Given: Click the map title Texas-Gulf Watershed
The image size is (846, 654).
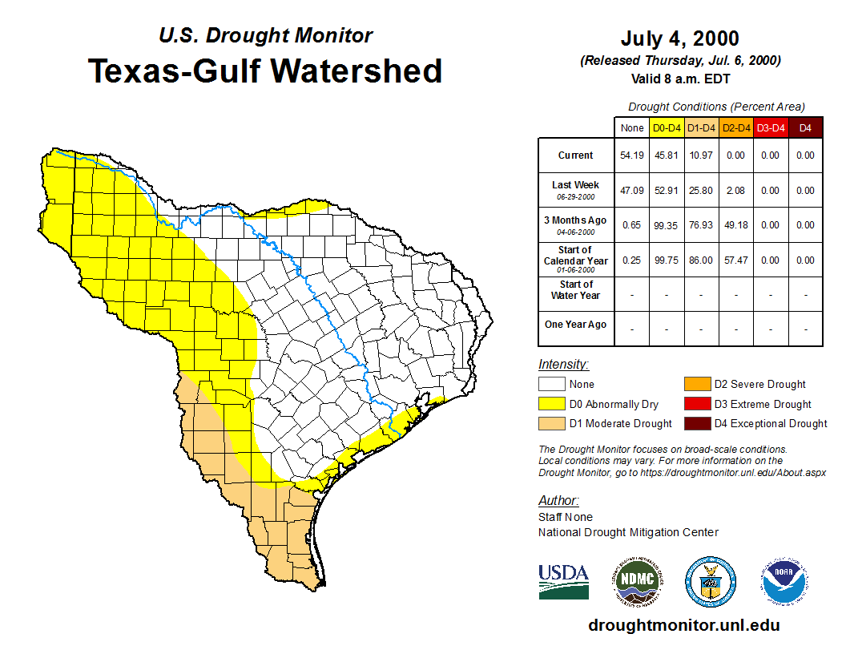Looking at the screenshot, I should tap(264, 71).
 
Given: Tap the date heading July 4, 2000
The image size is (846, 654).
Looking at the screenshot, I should tap(679, 38).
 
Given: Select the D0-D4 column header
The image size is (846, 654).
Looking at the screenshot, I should tap(667, 128).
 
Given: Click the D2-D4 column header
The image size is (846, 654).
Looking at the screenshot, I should tap(735, 128).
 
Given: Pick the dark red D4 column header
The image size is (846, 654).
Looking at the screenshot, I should tap(805, 128).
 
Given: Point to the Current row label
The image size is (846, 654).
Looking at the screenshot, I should tap(575, 155).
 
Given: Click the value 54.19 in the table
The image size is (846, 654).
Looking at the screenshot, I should tap(632, 155).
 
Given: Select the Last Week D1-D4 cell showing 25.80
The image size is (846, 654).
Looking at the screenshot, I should tap(701, 191).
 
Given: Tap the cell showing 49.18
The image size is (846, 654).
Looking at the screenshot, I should tap(735, 225).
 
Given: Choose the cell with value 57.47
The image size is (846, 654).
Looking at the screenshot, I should tap(735, 260).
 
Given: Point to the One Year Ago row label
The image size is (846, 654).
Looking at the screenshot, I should tap(575, 325).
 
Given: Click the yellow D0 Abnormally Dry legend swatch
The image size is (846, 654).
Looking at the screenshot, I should tap(552, 404).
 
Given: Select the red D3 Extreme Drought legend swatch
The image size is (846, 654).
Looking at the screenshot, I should tap(697, 404).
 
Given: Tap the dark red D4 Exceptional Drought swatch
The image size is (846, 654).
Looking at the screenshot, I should tap(697, 423).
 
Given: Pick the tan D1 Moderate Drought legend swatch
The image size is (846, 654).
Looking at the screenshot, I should tap(552, 423).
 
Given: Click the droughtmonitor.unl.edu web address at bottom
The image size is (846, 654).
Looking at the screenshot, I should tap(683, 625).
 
